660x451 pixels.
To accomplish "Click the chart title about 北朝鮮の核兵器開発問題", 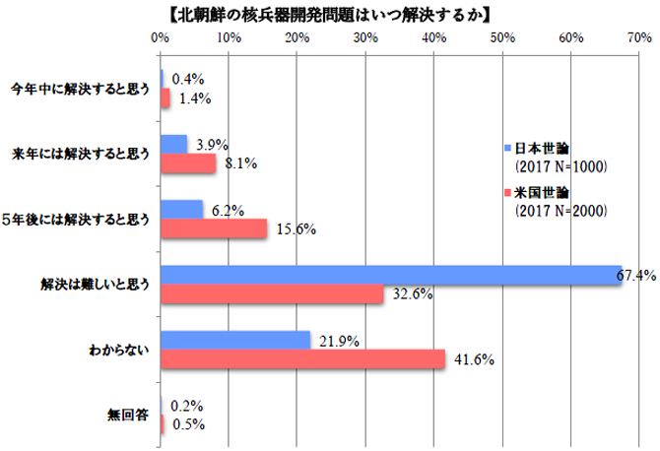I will click(x=330, y=14).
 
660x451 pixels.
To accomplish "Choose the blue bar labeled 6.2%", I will click(x=181, y=209).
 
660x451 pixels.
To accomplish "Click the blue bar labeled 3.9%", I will click(x=173, y=144).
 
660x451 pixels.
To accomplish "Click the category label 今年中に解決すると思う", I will click(x=80, y=88).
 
